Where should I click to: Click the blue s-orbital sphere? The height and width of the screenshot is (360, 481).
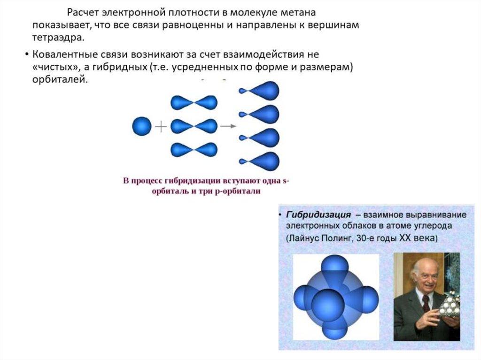[x=142, y=126]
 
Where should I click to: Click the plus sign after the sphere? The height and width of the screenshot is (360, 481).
[x=161, y=126]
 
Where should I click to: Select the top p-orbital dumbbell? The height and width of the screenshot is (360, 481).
[x=194, y=103]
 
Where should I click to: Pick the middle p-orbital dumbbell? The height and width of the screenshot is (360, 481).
[x=194, y=126]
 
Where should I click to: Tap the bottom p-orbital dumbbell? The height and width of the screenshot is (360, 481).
[x=194, y=150]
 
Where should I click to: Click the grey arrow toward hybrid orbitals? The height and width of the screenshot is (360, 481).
[x=228, y=126]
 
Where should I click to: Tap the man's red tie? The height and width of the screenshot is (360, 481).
[x=426, y=303]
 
